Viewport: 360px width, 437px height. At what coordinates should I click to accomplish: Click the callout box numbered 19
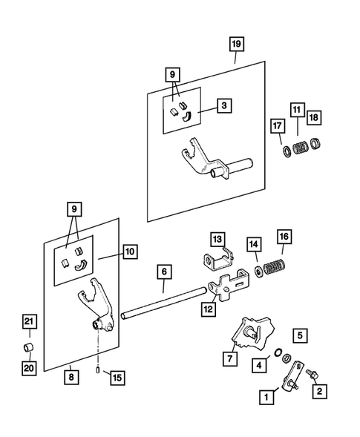click(x=237, y=44)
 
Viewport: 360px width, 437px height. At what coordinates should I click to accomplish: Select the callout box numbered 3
click(x=224, y=105)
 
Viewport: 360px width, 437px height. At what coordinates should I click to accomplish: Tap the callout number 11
click(x=297, y=110)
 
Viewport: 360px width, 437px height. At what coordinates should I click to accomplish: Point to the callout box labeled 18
click(x=314, y=117)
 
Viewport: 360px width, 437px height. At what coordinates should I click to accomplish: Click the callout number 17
click(x=278, y=126)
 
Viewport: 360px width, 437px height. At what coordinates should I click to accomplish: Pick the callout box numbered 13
click(x=217, y=239)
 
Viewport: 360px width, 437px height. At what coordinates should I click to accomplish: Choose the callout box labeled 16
click(x=284, y=237)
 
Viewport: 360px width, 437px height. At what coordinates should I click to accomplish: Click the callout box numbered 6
click(x=164, y=272)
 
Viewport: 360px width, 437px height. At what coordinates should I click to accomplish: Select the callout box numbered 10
click(x=130, y=252)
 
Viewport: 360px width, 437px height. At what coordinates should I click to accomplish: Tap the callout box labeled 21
click(x=29, y=322)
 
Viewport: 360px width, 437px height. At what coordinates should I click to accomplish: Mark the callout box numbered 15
click(x=117, y=378)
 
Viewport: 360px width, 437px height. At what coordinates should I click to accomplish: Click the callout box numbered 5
click(x=300, y=335)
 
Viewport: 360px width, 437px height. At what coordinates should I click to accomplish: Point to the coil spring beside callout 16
click(x=274, y=266)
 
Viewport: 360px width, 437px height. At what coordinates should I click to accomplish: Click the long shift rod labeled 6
click(x=165, y=303)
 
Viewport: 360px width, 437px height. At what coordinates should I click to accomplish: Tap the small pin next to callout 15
click(x=98, y=370)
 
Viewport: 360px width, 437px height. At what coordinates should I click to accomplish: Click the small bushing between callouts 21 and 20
click(x=28, y=347)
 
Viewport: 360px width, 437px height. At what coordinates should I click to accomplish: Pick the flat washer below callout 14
click(x=258, y=271)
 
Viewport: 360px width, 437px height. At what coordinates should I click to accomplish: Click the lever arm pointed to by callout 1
click(x=292, y=376)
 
